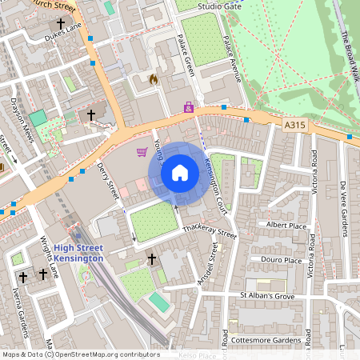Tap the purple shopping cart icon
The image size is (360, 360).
click(142, 152)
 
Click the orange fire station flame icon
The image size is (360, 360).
click(154, 79)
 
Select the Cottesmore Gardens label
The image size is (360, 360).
click(270, 340)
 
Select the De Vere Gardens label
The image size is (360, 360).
click(343, 209)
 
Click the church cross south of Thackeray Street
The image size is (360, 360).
click(152, 259)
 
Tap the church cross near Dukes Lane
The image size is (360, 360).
click(91, 115)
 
